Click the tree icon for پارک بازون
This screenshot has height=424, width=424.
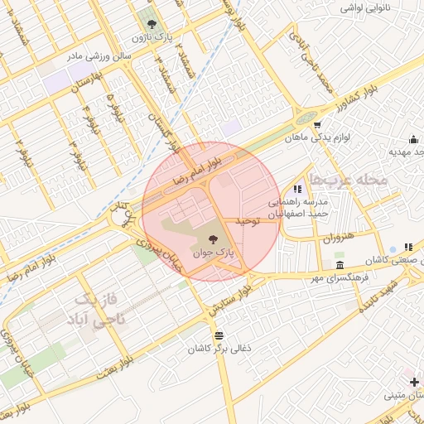coord(151,21)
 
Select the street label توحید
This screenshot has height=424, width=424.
coord(248,220)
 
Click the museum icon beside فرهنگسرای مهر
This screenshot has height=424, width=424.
coord(340,265)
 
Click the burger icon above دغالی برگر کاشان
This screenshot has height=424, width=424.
coord(219,335)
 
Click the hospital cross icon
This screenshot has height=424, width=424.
coord(414,381)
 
